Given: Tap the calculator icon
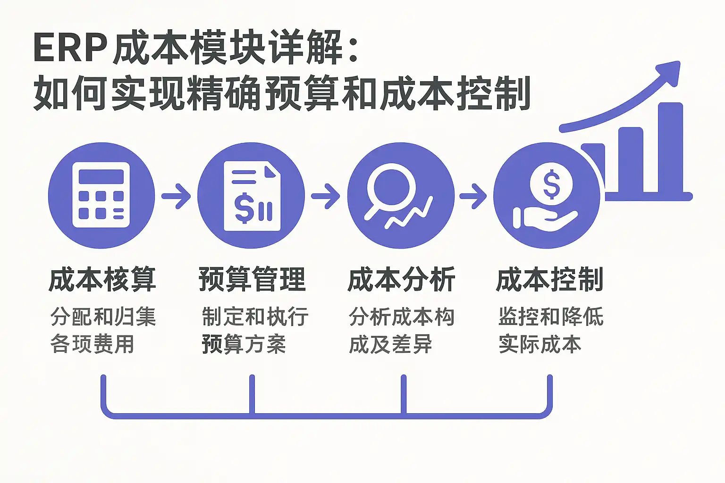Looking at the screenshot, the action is pyautogui.click(x=101, y=195).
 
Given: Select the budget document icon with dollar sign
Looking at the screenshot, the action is pyautogui.click(x=252, y=196).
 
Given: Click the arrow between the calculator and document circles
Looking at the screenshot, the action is pyautogui.click(x=176, y=196).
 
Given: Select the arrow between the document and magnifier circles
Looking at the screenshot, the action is pyautogui.click(x=326, y=196).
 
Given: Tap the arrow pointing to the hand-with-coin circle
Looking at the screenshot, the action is pyautogui.click(x=473, y=196).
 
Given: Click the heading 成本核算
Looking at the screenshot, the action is pyautogui.click(x=102, y=280).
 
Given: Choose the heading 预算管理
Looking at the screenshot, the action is pyautogui.click(x=252, y=280).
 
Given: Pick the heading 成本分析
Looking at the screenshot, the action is pyautogui.click(x=401, y=280).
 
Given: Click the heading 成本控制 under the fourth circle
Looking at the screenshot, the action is pyautogui.click(x=549, y=280).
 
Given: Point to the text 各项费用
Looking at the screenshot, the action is pyautogui.click(x=92, y=344).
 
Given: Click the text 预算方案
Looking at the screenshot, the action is pyautogui.click(x=244, y=344).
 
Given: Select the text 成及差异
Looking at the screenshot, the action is pyautogui.click(x=391, y=344).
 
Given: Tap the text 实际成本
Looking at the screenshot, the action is pyautogui.click(x=540, y=344).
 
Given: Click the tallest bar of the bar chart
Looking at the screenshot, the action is pyautogui.click(x=670, y=148).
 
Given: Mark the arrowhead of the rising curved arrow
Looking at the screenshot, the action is pyautogui.click(x=669, y=73).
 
